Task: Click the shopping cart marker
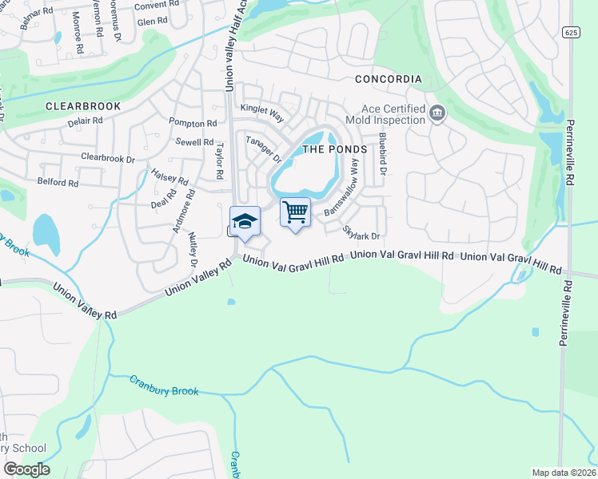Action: pos(295,212)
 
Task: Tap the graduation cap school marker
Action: pos(245,222)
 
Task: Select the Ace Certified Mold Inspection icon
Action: pos(437,113)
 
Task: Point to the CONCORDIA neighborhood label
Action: pos(388,79)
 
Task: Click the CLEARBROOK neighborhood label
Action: pos(83,105)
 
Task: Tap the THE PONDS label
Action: pos(334,149)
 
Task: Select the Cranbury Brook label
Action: pos(163,385)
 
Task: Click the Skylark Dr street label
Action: pos(361,232)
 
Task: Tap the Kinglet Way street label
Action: pos(262,113)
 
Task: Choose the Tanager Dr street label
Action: pos(264,148)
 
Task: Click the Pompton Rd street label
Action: pos(193,123)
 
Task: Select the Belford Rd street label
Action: pos(58,182)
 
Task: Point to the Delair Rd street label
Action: pos(86,121)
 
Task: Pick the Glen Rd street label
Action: pos(151,22)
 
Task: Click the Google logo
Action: pos(26,469)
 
